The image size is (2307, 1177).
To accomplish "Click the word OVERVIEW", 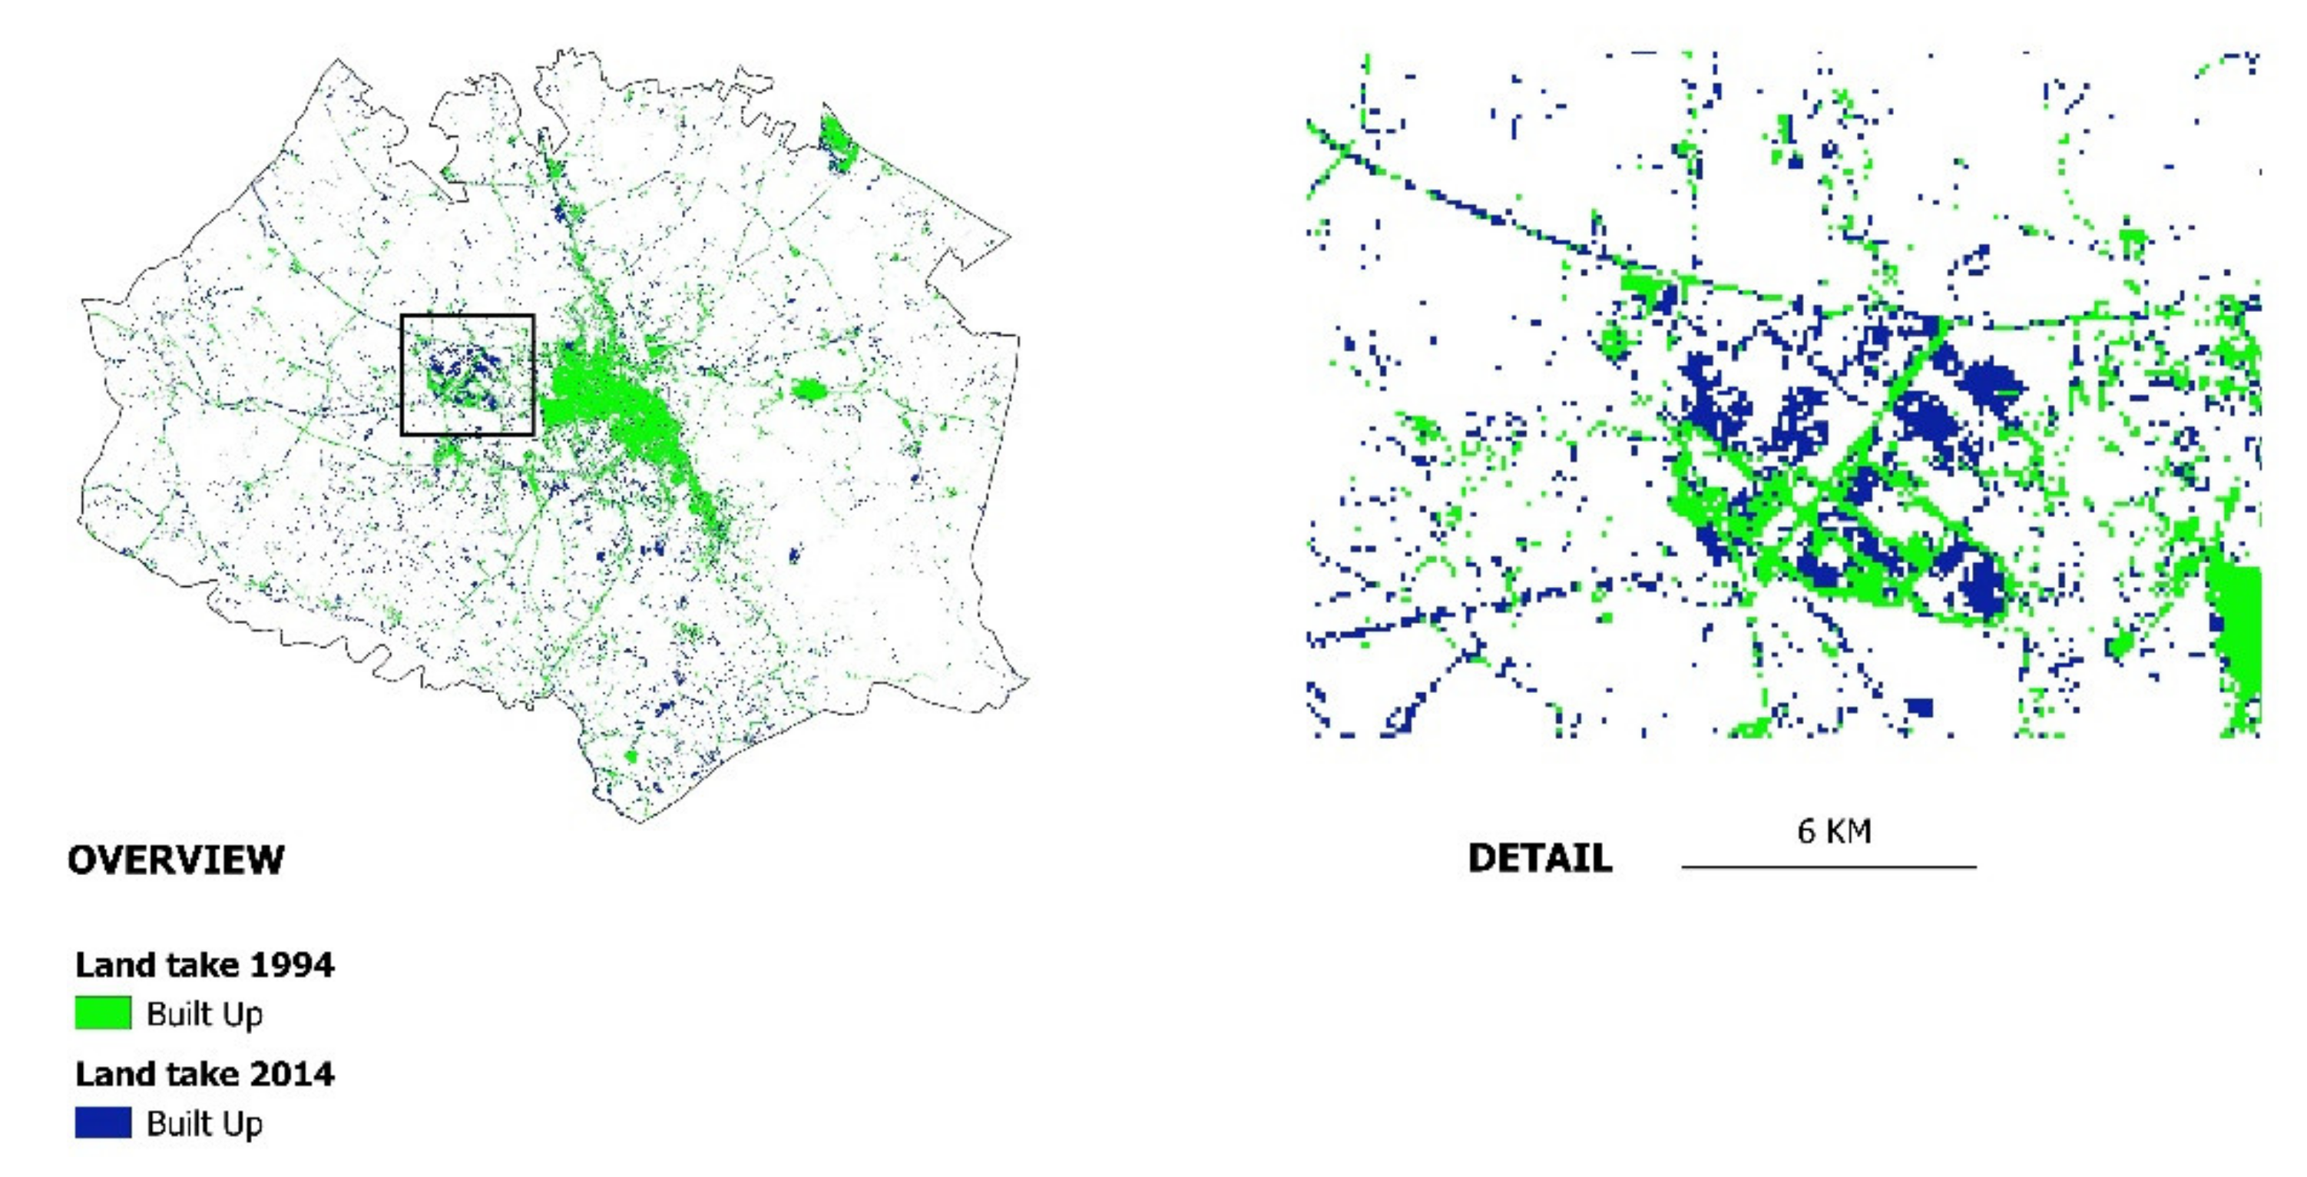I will pyautogui.click(x=176, y=860).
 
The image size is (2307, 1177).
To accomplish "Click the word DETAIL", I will pyautogui.click(x=1540, y=858).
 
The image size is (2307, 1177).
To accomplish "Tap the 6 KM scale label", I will pyautogui.click(x=1833, y=831).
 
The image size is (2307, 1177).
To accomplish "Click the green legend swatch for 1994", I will pyautogui.click(x=103, y=1013).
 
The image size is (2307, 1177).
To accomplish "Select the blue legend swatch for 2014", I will pyautogui.click(x=103, y=1122).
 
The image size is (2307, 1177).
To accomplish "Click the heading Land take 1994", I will pyautogui.click(x=204, y=965).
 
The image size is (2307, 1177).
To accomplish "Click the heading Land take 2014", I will pyautogui.click(x=204, y=1073).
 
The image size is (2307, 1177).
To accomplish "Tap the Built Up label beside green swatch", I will pyautogui.click(x=204, y=1014).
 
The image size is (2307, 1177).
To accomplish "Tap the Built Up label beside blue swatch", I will pyautogui.click(x=204, y=1123).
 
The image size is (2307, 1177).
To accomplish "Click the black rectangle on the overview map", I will pyautogui.click(x=467, y=317).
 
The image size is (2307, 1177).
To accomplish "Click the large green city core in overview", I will pyautogui.click(x=609, y=403).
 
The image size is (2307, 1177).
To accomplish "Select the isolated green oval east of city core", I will pyautogui.click(x=808, y=390).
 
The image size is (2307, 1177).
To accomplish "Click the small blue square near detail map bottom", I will pyautogui.click(x=1920, y=708).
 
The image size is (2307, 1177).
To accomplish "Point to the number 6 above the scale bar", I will pyautogui.click(x=1806, y=831).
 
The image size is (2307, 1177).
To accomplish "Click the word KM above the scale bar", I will pyautogui.click(x=1850, y=831).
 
